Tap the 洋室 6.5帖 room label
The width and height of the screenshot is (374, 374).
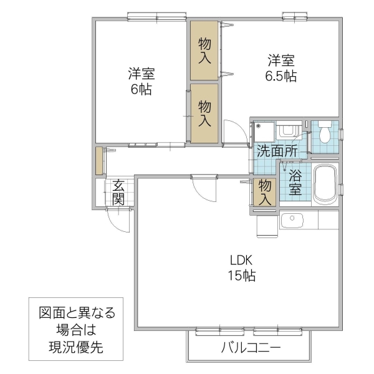click(x=281, y=69)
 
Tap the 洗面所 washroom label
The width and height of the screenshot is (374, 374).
click(x=277, y=150)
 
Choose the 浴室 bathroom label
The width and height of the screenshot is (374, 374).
click(x=295, y=181)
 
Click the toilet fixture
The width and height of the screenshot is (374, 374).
click(x=325, y=133)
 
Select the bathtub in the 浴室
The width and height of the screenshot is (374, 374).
click(x=324, y=184)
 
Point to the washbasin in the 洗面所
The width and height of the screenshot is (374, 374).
click(x=287, y=130)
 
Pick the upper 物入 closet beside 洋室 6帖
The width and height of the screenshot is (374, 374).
click(x=204, y=50)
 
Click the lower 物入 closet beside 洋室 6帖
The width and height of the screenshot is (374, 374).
click(x=204, y=114)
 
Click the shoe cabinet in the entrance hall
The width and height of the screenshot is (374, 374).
click(x=98, y=161)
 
